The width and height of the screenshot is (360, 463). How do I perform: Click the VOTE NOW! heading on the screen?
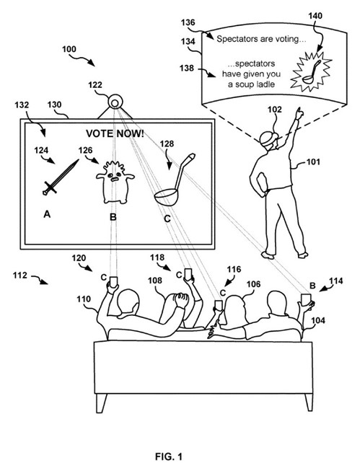click(x=115, y=133)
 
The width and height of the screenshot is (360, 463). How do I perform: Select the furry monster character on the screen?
click(x=115, y=182)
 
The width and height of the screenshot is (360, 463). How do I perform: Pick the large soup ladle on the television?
click(x=175, y=180)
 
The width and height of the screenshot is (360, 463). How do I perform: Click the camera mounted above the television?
click(x=115, y=102)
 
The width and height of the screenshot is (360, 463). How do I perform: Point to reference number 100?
click(x=69, y=49)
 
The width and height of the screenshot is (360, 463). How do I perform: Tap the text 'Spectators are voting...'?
click(x=261, y=39)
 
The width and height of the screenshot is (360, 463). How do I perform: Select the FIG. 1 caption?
click(x=169, y=457)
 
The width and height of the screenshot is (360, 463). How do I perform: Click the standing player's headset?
click(x=268, y=138)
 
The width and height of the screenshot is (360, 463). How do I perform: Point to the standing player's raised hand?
click(x=299, y=113)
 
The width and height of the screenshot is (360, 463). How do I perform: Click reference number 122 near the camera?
click(x=95, y=85)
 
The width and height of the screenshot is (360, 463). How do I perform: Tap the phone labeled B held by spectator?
click(x=306, y=300)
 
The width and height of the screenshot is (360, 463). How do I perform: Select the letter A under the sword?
click(x=47, y=214)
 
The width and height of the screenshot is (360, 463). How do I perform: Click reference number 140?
click(x=315, y=16)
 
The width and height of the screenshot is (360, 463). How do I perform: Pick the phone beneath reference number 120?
click(x=113, y=282)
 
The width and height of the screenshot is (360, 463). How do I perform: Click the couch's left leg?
click(x=101, y=403)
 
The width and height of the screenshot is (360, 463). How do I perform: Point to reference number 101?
click(x=313, y=162)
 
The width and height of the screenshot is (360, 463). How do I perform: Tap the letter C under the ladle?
click(x=167, y=219)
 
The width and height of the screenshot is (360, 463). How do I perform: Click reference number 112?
click(x=20, y=275)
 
